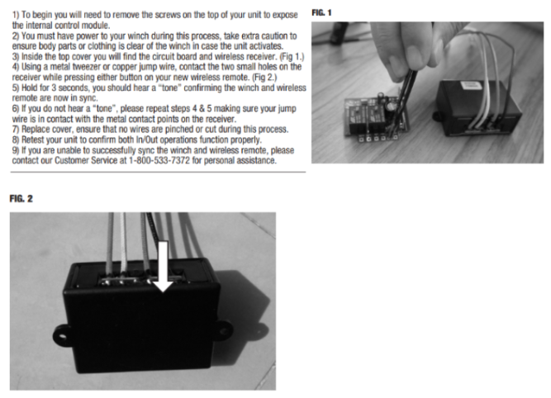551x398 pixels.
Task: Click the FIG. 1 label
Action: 321,12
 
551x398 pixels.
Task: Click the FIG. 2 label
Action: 21,199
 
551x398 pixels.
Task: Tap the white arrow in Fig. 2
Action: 164,266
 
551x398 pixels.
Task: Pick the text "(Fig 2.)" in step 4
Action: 264,78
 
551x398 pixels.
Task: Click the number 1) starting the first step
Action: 16,15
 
